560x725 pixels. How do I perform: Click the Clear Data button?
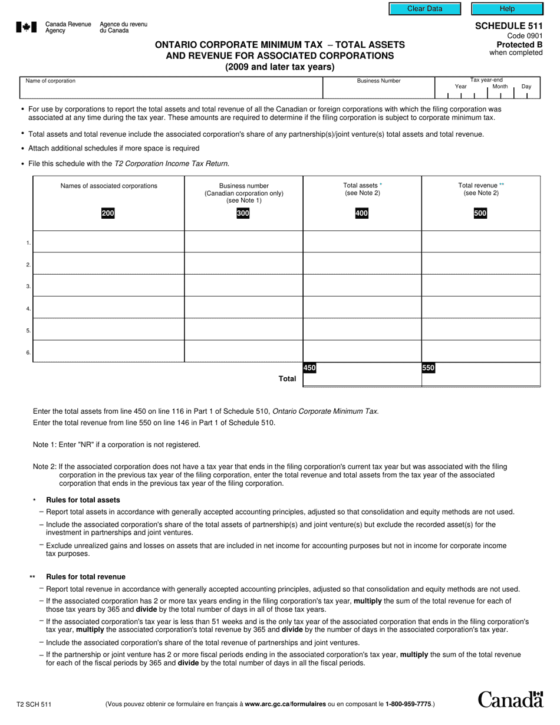tap(424, 9)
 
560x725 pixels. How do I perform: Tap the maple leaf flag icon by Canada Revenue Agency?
tap(27, 27)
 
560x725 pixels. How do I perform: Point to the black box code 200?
tap(108, 213)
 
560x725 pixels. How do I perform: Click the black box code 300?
tap(243, 213)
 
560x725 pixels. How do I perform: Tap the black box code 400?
tap(362, 213)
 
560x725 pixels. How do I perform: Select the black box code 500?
tap(480, 213)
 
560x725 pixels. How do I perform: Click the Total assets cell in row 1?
tap(362, 242)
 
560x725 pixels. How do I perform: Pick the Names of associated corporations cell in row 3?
tap(108, 285)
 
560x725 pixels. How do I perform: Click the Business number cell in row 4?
tap(243, 308)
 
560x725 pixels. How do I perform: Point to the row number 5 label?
tap(28, 331)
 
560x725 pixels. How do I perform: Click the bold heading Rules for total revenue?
tap(85, 576)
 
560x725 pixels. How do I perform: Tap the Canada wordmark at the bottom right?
tap(510, 699)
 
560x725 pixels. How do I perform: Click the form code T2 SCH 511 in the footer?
tap(34, 704)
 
